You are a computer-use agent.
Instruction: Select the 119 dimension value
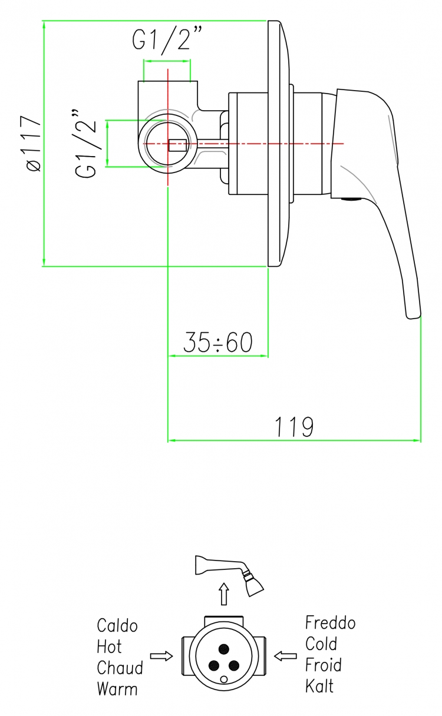[x=294, y=427]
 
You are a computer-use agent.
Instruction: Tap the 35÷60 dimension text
[x=218, y=342]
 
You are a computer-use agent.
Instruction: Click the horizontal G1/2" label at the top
[x=167, y=39]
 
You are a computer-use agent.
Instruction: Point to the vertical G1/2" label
[x=85, y=143]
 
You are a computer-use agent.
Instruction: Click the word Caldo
[x=117, y=625]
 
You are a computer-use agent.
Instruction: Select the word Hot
[x=109, y=647]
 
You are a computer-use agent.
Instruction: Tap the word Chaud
[x=120, y=668]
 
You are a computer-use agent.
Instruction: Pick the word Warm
[x=117, y=689]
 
